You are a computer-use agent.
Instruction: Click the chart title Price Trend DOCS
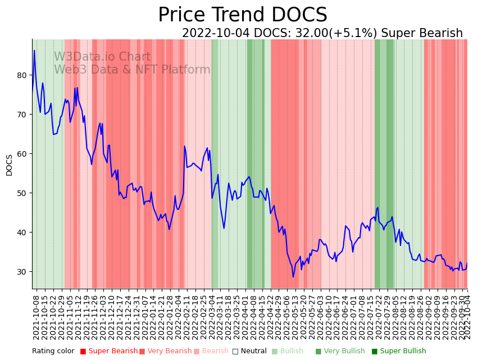(x=242, y=15)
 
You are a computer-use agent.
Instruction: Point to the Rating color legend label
(x=53, y=351)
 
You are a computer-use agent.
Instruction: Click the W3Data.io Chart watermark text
(x=102, y=57)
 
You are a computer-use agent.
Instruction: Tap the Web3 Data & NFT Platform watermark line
(x=132, y=70)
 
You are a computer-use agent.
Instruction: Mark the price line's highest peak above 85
(x=34, y=51)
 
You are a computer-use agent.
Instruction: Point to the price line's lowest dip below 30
(x=293, y=276)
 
